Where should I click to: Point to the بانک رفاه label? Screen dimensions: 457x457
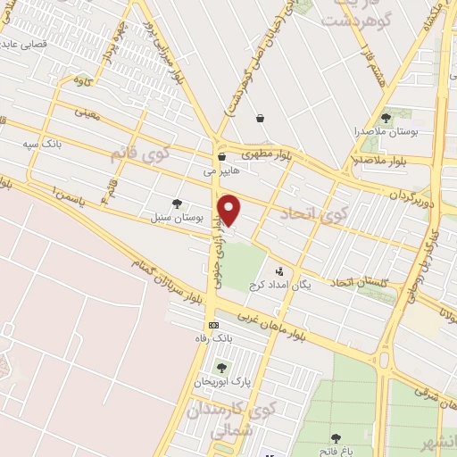tap(213, 338)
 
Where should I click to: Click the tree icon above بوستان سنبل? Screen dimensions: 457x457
tap(177, 203)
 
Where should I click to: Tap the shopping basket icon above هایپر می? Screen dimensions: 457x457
tap(220, 157)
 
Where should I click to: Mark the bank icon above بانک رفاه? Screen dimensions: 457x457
tap(213, 325)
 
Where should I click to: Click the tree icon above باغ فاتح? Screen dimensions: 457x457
tap(335, 438)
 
